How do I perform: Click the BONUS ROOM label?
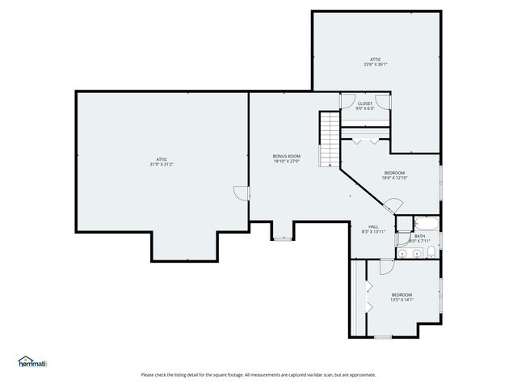(x=286, y=156)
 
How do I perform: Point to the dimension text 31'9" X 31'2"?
(x=162, y=164)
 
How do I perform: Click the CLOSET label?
(x=365, y=103)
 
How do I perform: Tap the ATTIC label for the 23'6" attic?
(x=376, y=59)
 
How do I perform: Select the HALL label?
(x=373, y=226)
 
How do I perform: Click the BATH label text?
(x=419, y=236)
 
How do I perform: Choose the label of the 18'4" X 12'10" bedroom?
(x=394, y=173)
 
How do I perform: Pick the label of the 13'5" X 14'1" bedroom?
(x=401, y=294)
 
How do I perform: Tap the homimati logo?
(x=33, y=362)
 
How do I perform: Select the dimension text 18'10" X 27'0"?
(x=286, y=162)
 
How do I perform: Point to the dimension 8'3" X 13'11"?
(x=373, y=232)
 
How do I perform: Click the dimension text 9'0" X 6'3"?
(x=365, y=109)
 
